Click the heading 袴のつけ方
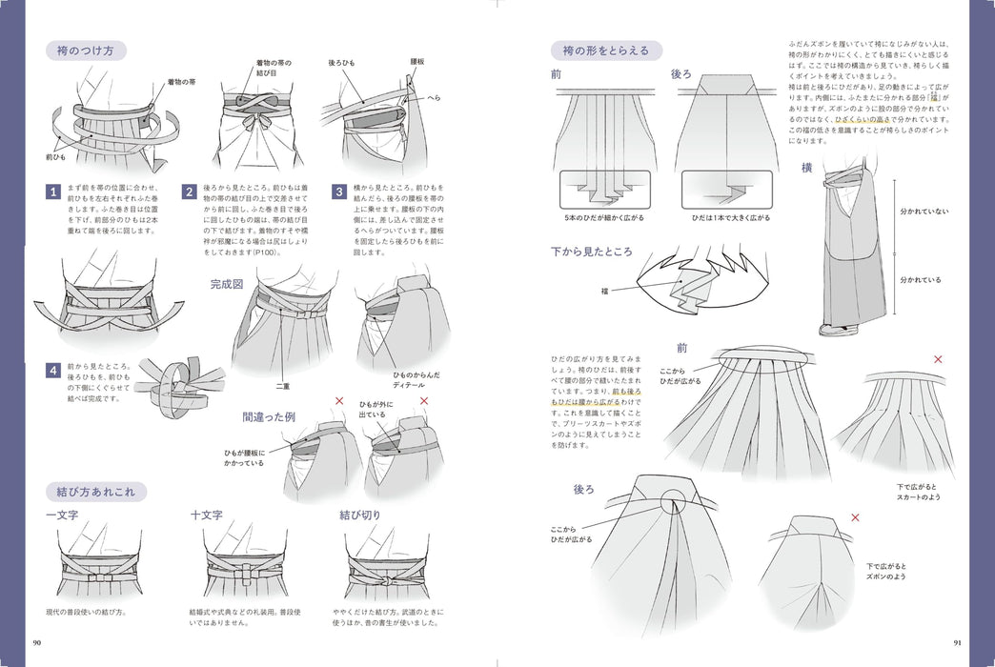coord(87,51)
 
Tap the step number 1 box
coord(54,192)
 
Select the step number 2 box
coord(190,192)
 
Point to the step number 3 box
coord(338,192)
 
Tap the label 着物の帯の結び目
coord(274,70)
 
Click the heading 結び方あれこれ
coord(96,492)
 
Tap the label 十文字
coord(207,515)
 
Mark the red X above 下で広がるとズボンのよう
coord(855,517)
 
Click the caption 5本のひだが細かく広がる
coord(603,217)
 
